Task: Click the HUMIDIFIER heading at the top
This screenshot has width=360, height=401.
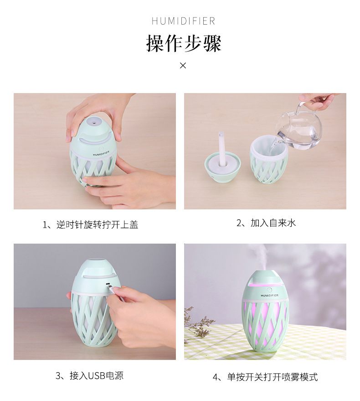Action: click(x=183, y=21)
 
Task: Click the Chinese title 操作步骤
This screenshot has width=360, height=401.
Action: click(x=183, y=44)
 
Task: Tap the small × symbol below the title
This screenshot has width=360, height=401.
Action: click(x=183, y=66)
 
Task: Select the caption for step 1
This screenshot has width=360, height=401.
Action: click(x=90, y=224)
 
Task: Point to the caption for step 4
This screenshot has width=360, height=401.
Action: click(x=265, y=377)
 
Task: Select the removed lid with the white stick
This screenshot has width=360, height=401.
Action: click(x=222, y=162)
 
